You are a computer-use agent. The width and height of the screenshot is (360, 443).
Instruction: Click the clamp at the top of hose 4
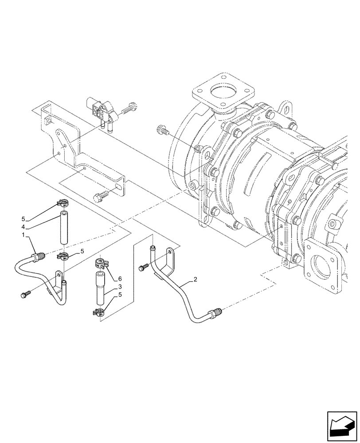coord(63,204)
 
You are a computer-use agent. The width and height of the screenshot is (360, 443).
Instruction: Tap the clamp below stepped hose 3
coord(99,312)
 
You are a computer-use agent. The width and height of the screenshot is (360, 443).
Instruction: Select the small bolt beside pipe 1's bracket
coord(25,294)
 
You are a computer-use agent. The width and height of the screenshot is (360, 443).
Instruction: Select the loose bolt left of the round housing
coord(163,130)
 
